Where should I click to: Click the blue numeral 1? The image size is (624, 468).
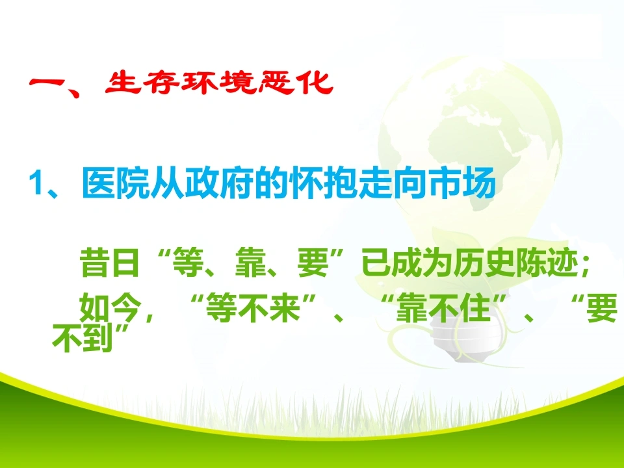pos(36,184)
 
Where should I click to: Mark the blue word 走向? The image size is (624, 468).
pos(393,183)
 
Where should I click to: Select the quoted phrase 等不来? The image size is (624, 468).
pos(253,307)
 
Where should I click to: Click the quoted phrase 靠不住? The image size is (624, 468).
pos(443,307)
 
